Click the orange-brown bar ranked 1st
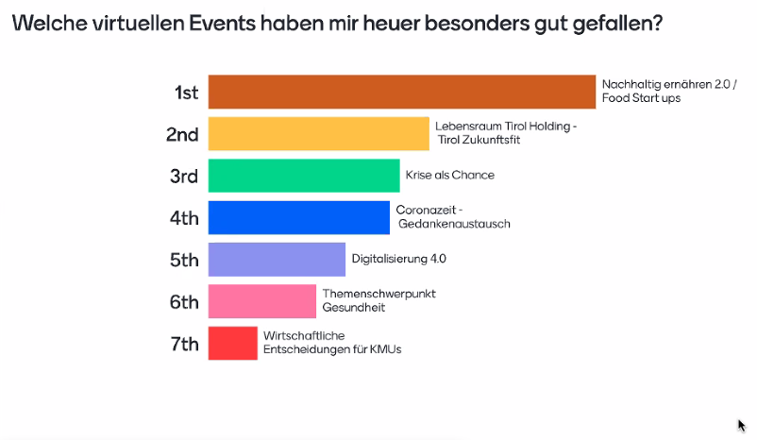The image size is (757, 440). click(401, 92)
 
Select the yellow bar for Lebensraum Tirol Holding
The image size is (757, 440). click(318, 133)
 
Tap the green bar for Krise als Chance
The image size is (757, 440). click(303, 176)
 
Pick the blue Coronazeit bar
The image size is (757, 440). click(298, 217)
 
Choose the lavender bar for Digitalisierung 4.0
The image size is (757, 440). click(277, 259)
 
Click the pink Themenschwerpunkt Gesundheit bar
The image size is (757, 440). click(261, 301)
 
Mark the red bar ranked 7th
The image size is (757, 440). click(232, 343)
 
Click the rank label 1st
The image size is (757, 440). click(186, 93)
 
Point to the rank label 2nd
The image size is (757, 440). click(182, 134)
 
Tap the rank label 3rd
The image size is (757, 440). click(183, 176)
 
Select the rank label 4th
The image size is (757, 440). click(183, 218)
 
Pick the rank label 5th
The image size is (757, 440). click(183, 260)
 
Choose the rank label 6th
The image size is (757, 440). click(183, 302)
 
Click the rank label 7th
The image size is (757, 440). click(184, 344)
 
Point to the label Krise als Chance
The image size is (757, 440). click(449, 175)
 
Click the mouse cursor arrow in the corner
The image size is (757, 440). click(741, 425)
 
